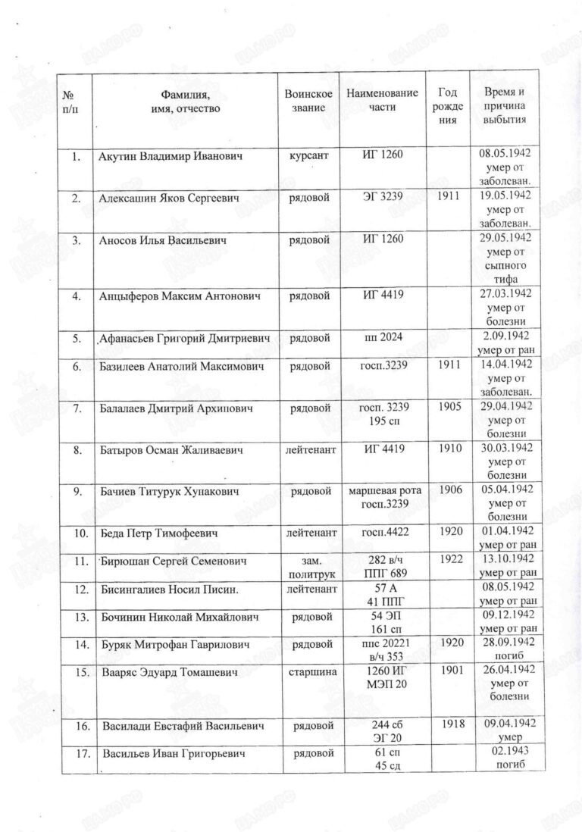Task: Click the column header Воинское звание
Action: tap(308, 100)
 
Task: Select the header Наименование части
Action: tap(382, 100)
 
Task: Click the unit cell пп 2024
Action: tap(382, 339)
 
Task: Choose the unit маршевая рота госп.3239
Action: tap(382, 498)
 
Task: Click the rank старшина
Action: tap(308, 672)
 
